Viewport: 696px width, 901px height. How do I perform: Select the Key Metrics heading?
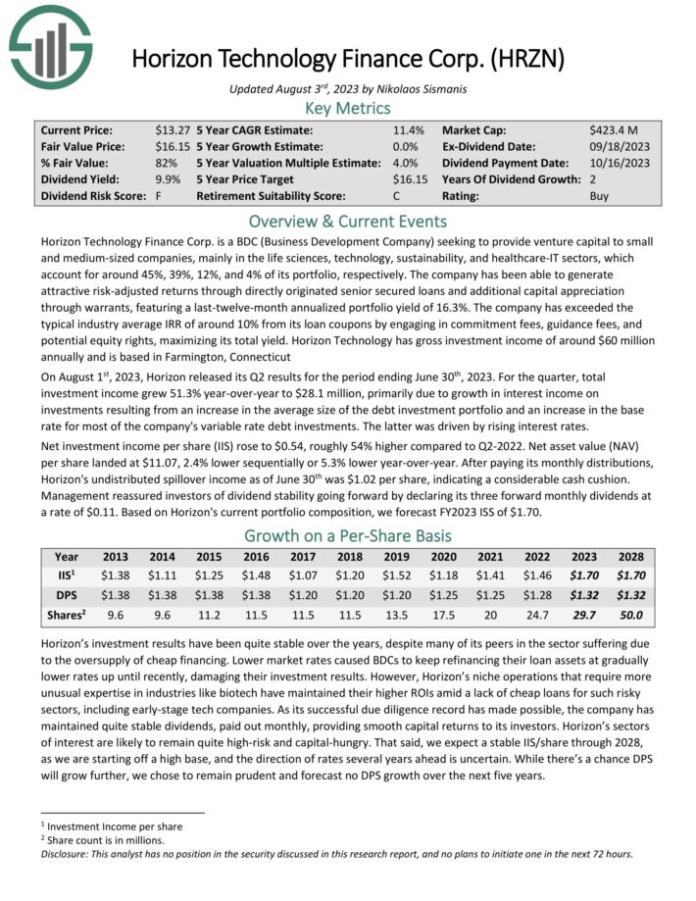(348, 108)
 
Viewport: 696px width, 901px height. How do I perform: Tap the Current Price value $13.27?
(172, 129)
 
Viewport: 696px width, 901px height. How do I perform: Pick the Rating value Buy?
(600, 196)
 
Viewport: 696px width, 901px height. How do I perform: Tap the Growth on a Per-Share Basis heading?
(348, 535)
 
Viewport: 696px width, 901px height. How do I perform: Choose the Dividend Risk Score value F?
(159, 196)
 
